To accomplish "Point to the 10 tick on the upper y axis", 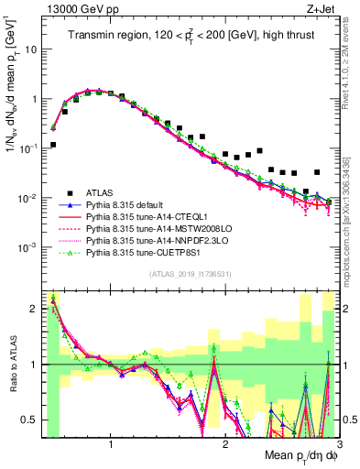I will (x=31, y=49).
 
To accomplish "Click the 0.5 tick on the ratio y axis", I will (x=31, y=420).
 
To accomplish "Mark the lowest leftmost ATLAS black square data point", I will (x=53, y=145).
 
